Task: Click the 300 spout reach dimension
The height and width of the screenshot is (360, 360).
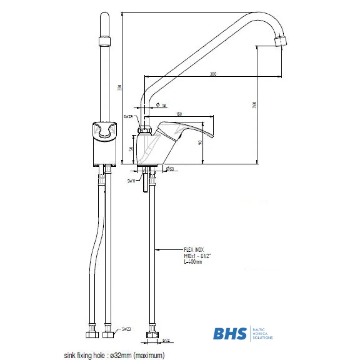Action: [x=213, y=74]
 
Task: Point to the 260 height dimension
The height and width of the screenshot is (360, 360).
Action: [x=255, y=105]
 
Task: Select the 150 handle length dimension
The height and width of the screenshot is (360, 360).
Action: [x=179, y=114]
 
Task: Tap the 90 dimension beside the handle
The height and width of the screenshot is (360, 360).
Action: [x=201, y=142]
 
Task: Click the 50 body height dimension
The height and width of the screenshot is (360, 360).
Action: [x=131, y=148]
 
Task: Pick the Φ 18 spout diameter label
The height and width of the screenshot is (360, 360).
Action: [x=161, y=105]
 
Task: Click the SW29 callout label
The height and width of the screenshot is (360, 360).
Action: [x=128, y=117]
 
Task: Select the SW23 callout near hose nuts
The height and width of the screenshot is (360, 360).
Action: [x=126, y=329]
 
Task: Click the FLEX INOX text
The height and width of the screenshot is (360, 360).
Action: [x=193, y=249]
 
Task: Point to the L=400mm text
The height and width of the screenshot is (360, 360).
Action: [x=193, y=262]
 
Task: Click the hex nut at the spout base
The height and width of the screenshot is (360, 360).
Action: [x=144, y=129]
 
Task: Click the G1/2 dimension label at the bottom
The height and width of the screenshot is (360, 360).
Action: [x=166, y=340]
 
